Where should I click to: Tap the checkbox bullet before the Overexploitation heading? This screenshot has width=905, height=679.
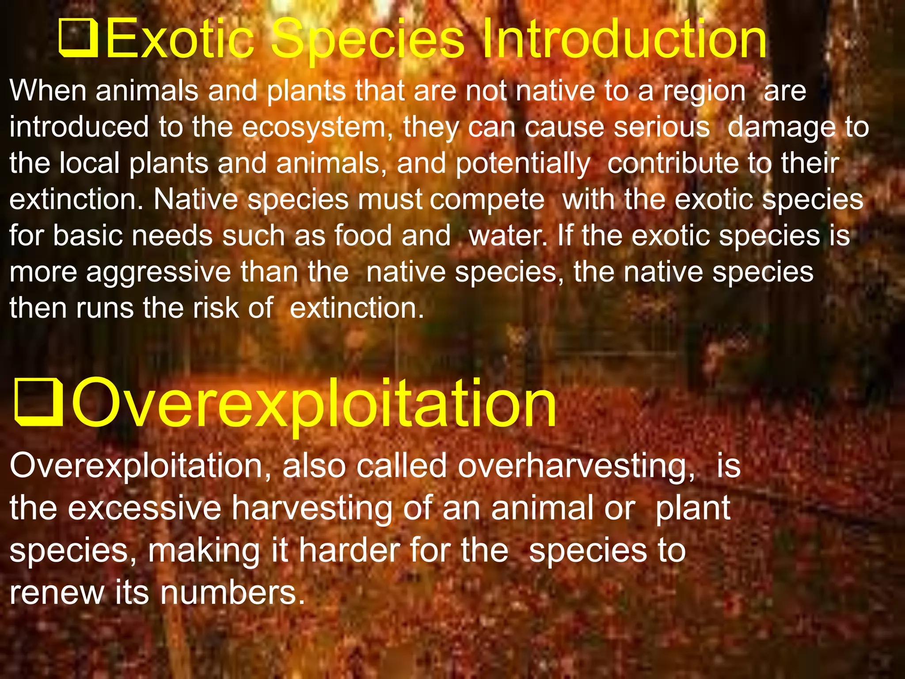click(39, 402)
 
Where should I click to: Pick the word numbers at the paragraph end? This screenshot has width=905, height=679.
click(232, 593)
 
